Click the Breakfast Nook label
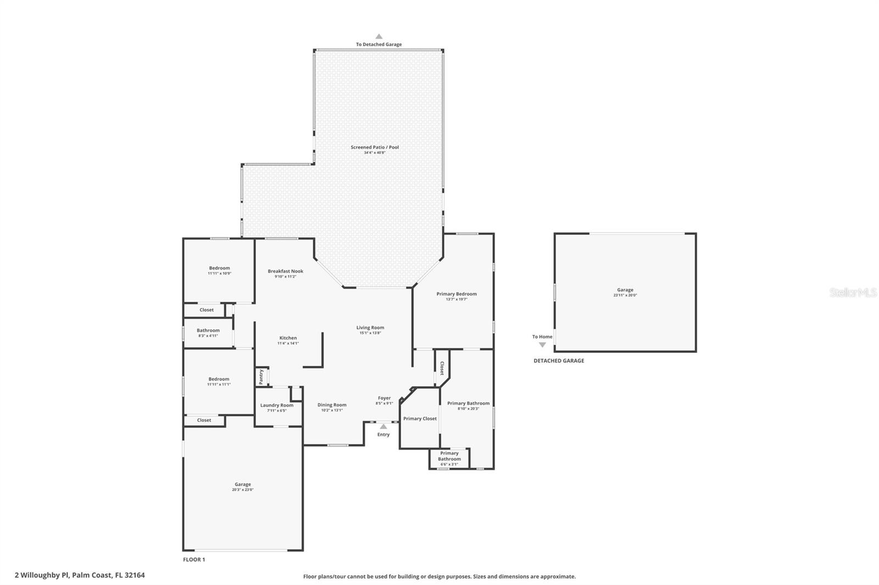tap(285, 271)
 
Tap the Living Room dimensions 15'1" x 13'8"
tap(370, 333)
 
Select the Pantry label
tap(261, 376)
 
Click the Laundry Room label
tap(276, 405)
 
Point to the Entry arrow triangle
tap(383, 426)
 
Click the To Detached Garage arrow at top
tap(379, 37)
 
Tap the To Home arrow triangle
tap(542, 345)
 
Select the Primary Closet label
tap(420, 419)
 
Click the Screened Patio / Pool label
tap(375, 147)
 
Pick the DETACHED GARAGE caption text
tap(559, 361)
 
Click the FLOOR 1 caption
tap(193, 560)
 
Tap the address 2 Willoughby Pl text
tap(80, 575)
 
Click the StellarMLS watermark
tap(853, 292)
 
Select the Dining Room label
tap(332, 405)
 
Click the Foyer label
tap(384, 398)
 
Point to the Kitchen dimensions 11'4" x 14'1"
tap(288, 344)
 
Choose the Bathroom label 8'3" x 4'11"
tap(208, 330)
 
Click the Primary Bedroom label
tap(457, 294)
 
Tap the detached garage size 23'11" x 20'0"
tap(625, 295)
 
